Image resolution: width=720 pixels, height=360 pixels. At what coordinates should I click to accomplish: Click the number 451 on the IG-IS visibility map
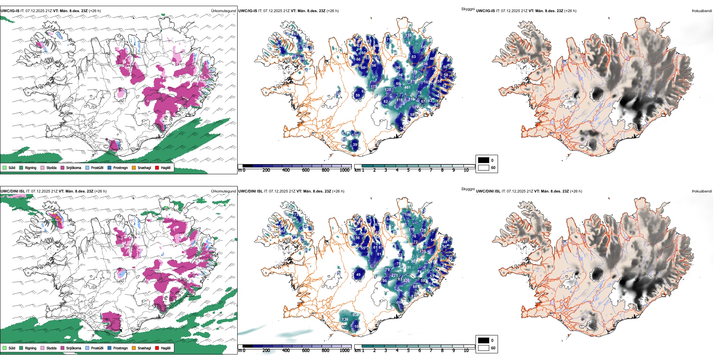(407, 88)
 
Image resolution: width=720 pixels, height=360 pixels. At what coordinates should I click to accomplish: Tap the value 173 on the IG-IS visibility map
(374, 87)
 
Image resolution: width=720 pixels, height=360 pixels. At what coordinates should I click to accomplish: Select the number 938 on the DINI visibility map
(355, 315)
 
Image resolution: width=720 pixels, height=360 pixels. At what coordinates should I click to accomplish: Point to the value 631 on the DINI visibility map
(408, 268)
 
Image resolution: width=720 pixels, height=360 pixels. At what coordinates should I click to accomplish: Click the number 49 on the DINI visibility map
(358, 275)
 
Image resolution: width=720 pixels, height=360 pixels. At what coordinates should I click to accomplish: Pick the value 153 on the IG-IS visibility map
(408, 35)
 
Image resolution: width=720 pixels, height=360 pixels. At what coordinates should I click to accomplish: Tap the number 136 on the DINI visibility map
(345, 319)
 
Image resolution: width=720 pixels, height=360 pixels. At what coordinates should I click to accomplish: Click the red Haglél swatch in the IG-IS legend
(157, 168)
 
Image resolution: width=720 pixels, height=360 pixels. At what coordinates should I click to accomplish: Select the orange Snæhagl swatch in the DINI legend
(134, 348)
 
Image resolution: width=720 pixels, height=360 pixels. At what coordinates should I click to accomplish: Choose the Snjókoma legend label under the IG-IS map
(74, 168)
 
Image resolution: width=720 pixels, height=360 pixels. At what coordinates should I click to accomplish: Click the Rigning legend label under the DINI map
(31, 348)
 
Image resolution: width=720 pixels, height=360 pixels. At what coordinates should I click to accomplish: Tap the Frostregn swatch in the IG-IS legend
(110, 168)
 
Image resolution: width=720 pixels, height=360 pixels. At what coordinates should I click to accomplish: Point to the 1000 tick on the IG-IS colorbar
(344, 170)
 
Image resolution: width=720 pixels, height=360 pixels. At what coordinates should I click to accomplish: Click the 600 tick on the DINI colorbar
(305, 351)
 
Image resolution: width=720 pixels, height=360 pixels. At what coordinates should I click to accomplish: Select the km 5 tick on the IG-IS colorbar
(408, 170)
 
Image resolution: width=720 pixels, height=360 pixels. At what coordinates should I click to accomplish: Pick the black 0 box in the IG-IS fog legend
(484, 160)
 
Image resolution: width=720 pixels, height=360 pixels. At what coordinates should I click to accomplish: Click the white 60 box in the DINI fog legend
(484, 348)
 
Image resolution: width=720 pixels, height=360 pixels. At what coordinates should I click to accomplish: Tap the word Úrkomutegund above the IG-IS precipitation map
(223, 11)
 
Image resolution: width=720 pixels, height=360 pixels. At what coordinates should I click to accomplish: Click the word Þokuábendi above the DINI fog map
(702, 191)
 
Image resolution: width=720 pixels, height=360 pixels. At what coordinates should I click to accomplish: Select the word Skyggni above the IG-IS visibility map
(468, 9)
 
